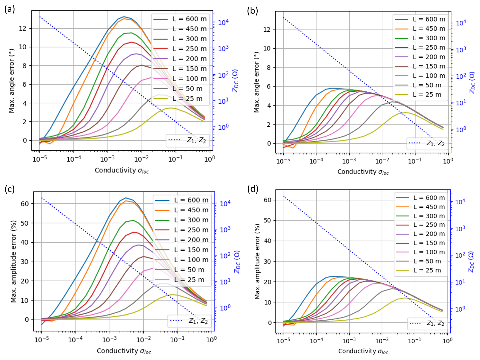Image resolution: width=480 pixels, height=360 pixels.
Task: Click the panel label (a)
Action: [x=9, y=10]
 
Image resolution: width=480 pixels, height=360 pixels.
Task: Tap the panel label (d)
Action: [x=253, y=189]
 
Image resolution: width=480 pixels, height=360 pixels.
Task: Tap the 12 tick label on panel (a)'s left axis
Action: [x=22, y=28]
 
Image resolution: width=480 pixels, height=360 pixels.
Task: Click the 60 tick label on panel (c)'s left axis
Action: [x=24, y=204]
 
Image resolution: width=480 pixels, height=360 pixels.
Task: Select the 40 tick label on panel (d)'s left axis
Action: [x=267, y=241]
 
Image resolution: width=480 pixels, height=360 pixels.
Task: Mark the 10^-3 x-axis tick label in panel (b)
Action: [x=349, y=161]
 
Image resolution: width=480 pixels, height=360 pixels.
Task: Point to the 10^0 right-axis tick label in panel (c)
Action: [x=225, y=308]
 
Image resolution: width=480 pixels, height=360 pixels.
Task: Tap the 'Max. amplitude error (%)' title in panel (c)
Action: [x=13, y=261]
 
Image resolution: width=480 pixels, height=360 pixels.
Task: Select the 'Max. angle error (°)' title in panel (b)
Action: [x=256, y=82]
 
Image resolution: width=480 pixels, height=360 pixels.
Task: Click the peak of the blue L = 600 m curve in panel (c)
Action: [x=126, y=198]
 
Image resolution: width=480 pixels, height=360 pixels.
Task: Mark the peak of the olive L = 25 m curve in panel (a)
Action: [x=170, y=108]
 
